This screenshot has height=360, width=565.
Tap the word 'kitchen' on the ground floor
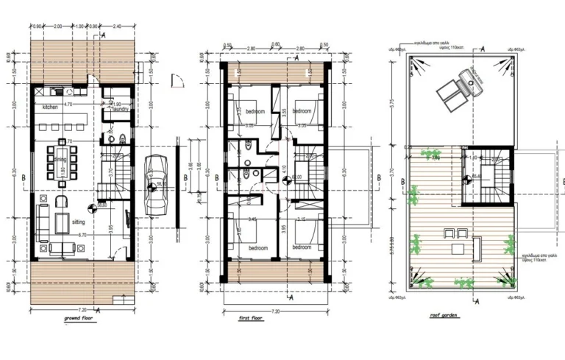tap(49, 107)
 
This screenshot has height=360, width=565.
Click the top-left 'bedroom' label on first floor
tap(255, 112)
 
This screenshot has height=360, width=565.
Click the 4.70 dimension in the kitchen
tap(68, 105)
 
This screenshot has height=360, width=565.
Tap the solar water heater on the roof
tap(457, 85)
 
